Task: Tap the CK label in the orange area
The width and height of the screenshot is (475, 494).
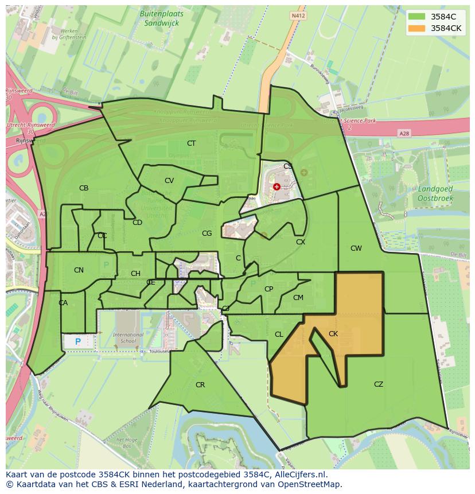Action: pos(333,334)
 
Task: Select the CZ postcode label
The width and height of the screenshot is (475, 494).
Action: pos(378,384)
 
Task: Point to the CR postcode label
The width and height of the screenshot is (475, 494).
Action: pos(200,385)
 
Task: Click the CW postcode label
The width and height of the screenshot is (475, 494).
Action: pos(356,248)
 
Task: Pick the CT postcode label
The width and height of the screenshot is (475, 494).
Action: pos(191,143)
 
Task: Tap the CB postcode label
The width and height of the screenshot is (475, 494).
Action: pos(84,188)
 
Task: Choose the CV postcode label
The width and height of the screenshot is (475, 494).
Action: pos(169,181)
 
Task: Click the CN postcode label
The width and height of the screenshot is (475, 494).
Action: pos(79,270)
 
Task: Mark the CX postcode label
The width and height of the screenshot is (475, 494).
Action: pos(300,242)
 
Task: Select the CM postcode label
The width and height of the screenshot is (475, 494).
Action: pos(298,298)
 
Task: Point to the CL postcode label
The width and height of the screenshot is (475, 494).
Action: pos(279,334)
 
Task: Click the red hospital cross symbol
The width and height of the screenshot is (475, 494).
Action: pos(277,186)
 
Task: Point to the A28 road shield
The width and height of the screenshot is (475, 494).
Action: pos(404,133)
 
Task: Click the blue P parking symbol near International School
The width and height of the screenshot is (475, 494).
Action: pos(78,342)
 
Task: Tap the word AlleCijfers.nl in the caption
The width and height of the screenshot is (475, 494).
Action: pos(300,475)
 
